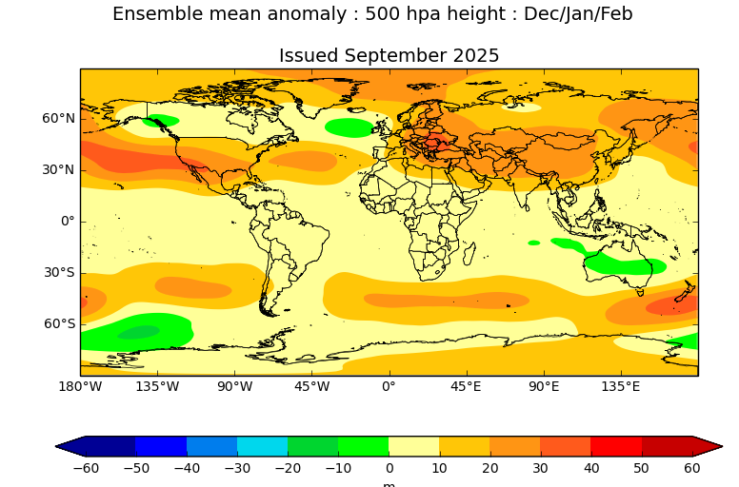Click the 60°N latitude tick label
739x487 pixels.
pos(58,119)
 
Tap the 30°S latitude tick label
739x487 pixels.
pos(59,272)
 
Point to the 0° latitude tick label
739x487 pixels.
pos(67,222)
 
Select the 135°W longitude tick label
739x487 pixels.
pos(157,386)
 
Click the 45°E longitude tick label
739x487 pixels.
pos(466,386)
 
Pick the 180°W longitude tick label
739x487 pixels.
pos(80,386)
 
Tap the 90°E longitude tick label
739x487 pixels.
pos(544,386)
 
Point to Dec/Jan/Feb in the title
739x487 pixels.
pos(578,14)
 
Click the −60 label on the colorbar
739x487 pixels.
pos(85,468)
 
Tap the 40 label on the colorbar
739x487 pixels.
pos(590,468)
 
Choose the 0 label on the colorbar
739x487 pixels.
pos(389,468)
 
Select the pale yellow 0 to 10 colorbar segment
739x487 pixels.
pos(413,446)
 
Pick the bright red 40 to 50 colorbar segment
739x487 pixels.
pos(615,446)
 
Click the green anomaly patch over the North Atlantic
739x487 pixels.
pos(349,127)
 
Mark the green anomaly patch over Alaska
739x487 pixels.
pos(161,121)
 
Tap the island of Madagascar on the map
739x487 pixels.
pos(468,254)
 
